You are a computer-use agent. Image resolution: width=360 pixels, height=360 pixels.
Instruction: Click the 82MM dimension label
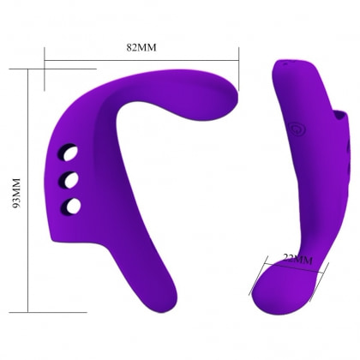pyautogui.click(x=141, y=47)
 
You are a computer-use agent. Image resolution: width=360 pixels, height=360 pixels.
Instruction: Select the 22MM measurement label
pyautogui.click(x=297, y=259)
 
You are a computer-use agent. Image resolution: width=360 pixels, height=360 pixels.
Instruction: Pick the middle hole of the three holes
pyautogui.click(x=69, y=180)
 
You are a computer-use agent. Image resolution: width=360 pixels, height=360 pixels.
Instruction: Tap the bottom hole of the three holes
pyautogui.click(x=70, y=206)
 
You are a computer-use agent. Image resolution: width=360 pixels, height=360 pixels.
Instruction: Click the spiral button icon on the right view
pyautogui.click(x=297, y=129)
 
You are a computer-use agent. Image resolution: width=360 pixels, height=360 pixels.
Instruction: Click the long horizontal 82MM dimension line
pyautogui.click(x=141, y=60)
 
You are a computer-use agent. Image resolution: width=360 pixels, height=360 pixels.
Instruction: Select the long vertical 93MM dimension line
pyautogui.click(x=28, y=190)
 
